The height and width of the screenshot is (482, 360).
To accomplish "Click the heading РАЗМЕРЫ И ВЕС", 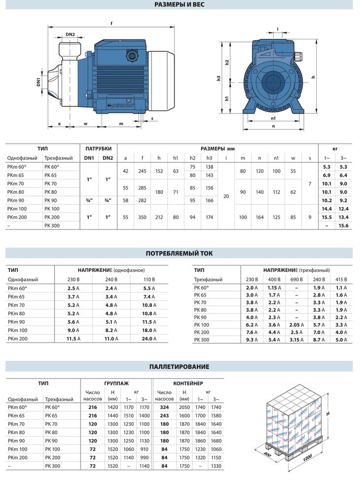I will pyautogui.click(x=180, y=5).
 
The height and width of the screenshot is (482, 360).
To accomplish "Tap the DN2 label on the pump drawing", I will pyautogui.click(x=70, y=35).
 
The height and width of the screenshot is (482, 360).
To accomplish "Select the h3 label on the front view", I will pyautogui.click(x=218, y=79).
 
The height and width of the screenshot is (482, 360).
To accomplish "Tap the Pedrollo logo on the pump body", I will pyautogui.click(x=119, y=105).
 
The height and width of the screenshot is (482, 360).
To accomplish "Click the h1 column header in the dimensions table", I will pyautogui.click(x=176, y=158).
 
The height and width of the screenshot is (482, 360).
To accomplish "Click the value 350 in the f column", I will pyautogui.click(x=142, y=217).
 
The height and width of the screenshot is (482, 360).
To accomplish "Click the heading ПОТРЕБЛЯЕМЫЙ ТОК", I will pyautogui.click(x=180, y=254).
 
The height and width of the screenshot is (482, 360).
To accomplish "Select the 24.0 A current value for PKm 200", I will pyautogui.click(x=148, y=339).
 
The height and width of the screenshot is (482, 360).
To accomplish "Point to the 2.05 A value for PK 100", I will pyautogui.click(x=296, y=324).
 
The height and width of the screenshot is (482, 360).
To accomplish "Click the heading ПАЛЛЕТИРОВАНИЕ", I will pyautogui.click(x=180, y=367).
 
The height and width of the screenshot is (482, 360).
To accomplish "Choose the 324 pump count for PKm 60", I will pyautogui.click(x=164, y=407).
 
